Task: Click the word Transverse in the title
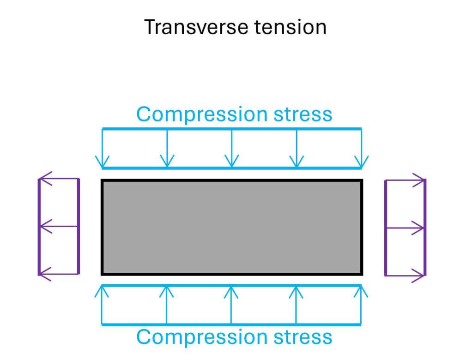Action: point(197,27)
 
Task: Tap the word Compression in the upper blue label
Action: point(202,114)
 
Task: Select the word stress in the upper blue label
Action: point(303,114)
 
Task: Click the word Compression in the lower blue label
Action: point(202,337)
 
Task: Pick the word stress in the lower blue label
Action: point(303,337)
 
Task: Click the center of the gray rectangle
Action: point(232,228)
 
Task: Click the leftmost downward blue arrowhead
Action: point(102,162)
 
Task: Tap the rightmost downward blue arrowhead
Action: point(361,162)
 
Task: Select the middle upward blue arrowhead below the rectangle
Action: point(231,292)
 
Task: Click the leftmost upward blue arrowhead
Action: point(102,292)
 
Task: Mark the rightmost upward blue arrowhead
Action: point(361,292)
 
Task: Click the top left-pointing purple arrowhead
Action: point(46,179)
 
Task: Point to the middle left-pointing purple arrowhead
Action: point(46,226)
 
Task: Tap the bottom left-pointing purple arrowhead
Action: point(46,274)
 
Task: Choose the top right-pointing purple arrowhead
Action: point(418,180)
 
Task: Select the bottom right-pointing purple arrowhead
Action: point(418,276)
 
